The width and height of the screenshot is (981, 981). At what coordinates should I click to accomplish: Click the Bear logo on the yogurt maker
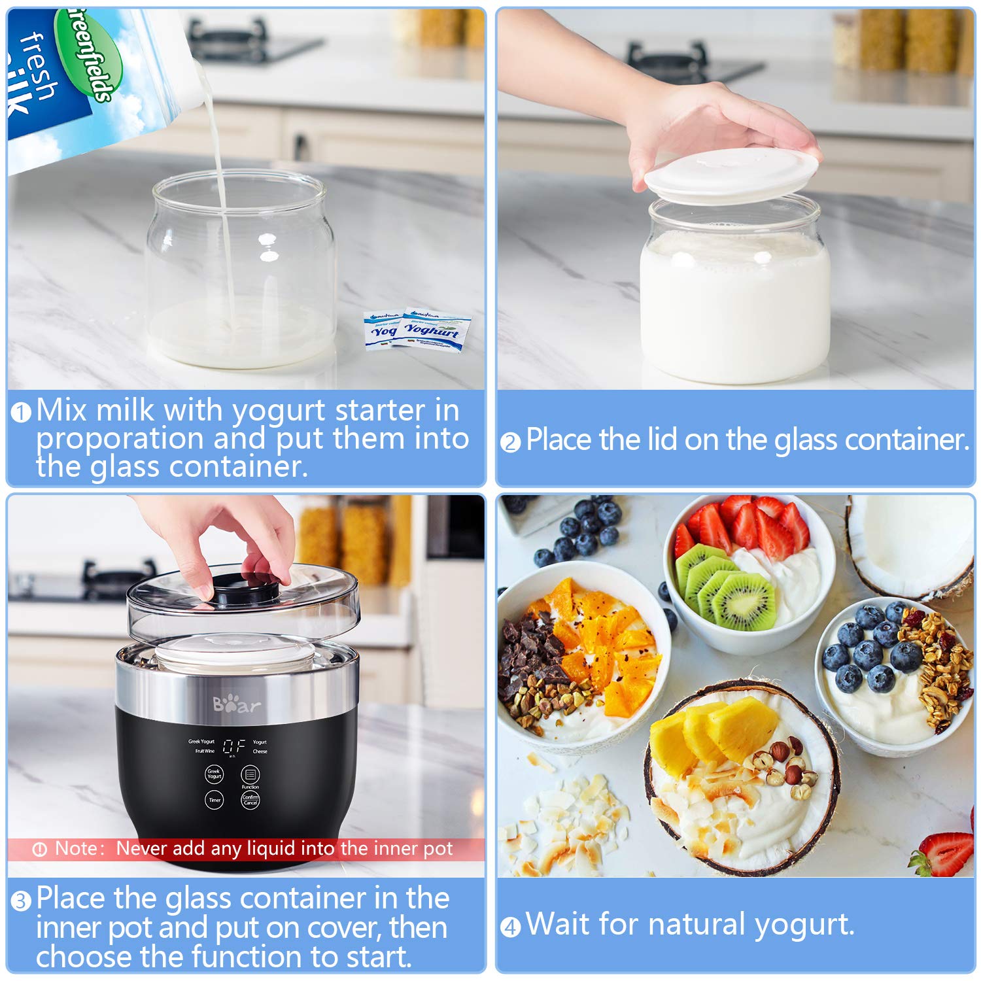pos(236,705)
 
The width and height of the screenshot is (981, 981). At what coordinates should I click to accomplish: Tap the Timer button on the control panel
pos(214,799)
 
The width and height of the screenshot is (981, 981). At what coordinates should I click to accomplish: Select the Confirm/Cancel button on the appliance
pos(250,799)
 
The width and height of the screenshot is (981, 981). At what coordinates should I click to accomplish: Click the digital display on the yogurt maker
pos(234,746)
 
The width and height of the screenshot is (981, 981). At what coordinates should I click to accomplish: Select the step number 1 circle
pos(21,413)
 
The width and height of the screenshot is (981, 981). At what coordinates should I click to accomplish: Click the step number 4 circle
pos(510,927)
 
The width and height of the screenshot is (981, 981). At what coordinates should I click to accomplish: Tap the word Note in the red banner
pos(75,848)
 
